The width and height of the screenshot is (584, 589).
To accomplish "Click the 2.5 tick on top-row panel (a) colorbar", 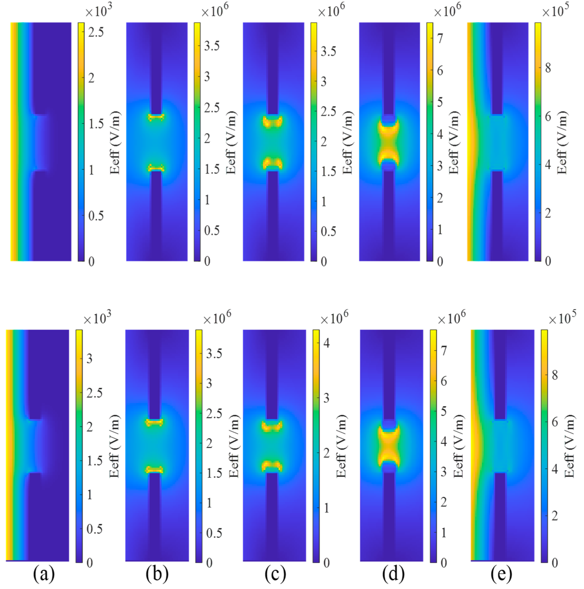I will [x=96, y=32].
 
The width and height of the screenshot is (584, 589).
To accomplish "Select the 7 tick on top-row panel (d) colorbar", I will [x=440, y=38].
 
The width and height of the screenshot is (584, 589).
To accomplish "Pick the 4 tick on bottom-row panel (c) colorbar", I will [x=326, y=343].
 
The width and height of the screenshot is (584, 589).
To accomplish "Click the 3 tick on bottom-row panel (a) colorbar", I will [x=89, y=359].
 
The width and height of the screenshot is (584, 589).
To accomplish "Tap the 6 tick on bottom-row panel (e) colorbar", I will [x=555, y=422].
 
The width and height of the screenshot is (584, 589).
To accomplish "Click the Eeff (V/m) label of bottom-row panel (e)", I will [x=569, y=446].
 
